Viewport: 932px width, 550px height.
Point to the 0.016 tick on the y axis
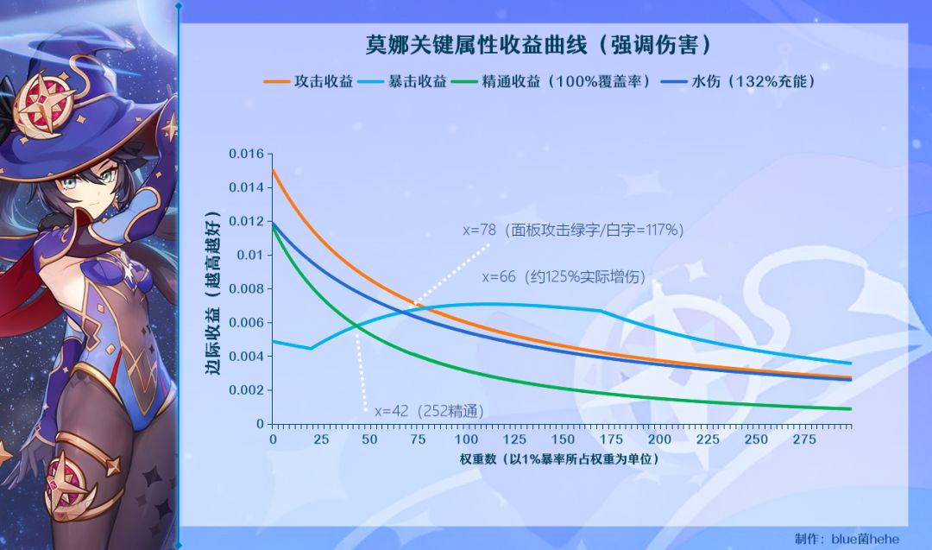click(245, 154)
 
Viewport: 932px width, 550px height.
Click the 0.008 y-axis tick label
click(245, 289)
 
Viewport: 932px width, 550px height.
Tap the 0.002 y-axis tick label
click(245, 390)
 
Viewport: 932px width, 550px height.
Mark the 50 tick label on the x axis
click(369, 439)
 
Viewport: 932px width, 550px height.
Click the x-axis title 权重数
click(560, 458)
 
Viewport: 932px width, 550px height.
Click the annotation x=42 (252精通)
click(429, 411)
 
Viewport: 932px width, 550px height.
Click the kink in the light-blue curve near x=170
click(601, 310)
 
